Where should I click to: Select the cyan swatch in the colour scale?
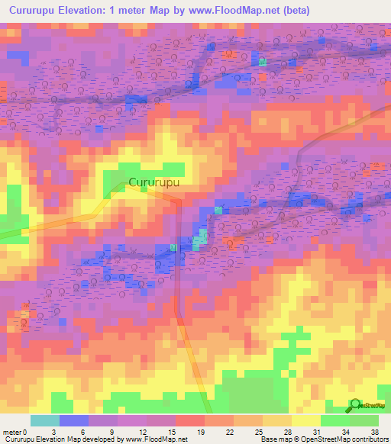[44, 420]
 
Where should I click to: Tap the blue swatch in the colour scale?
[73, 420]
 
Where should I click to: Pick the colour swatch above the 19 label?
[190, 420]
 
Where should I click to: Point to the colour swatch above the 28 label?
[278, 420]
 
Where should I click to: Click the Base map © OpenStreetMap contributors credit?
[323, 439]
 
